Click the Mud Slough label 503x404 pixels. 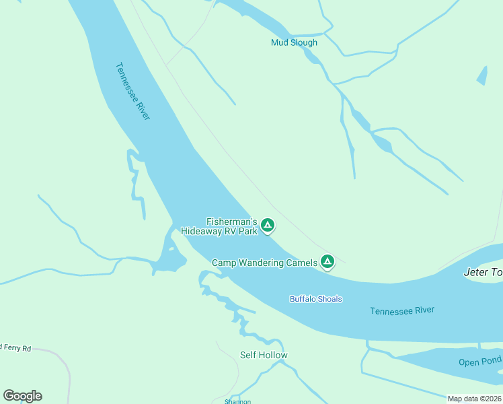(294, 42)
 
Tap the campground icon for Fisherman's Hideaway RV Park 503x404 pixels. (268, 226)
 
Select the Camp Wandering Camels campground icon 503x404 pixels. (327, 262)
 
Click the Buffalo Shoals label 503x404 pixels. (315, 299)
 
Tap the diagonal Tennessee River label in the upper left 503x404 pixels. (132, 92)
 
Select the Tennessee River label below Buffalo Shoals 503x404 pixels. (402, 310)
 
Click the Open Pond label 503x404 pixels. (479, 362)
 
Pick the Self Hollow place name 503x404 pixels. (264, 355)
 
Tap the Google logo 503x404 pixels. (22, 396)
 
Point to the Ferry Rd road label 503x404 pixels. (16, 348)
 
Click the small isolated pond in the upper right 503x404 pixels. (482, 76)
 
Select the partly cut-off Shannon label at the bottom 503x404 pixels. (237, 401)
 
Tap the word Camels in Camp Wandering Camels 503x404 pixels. (301, 263)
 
